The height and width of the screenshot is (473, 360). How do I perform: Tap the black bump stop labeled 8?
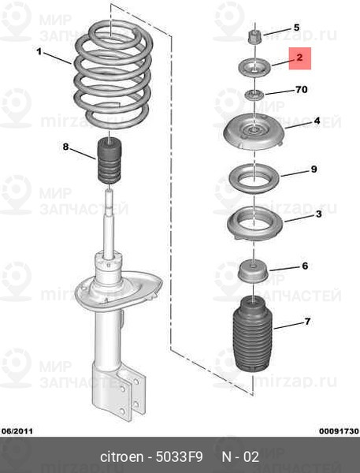point(109,160)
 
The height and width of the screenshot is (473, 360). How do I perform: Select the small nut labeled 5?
point(254,36)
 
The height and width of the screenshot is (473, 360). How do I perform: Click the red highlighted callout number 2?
point(299,58)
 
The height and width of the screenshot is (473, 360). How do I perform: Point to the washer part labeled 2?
point(254,69)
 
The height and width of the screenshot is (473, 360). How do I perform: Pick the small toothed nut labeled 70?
point(254,95)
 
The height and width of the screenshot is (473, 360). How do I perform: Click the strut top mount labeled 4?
point(254,132)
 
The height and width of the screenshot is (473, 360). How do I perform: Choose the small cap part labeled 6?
point(254,270)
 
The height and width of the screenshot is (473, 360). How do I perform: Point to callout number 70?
point(302,90)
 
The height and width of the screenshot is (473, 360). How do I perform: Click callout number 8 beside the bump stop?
point(65,147)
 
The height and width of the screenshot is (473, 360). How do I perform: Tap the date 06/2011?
point(17,431)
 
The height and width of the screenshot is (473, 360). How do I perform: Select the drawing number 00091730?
point(339,431)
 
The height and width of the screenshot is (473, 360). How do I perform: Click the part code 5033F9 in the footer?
point(179,456)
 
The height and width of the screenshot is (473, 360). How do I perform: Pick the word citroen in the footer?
point(121,456)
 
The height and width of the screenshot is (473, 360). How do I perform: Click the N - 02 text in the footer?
point(240,456)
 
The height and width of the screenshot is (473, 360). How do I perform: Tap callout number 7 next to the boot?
point(307,322)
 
